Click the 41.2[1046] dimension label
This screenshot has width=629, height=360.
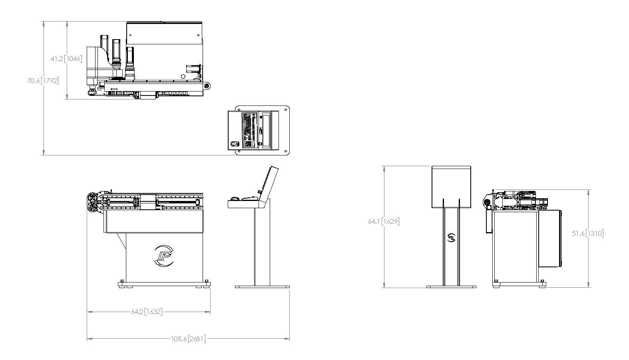(x=66, y=59)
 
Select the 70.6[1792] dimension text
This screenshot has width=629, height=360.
(x=43, y=81)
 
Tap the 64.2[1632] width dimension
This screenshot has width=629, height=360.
(x=147, y=312)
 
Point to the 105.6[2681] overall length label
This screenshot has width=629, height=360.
(x=188, y=339)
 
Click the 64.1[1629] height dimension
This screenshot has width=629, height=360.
(x=384, y=221)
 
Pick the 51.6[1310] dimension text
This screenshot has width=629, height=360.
(x=588, y=233)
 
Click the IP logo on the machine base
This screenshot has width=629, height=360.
(x=164, y=256)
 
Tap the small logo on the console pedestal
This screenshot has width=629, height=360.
(x=451, y=238)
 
